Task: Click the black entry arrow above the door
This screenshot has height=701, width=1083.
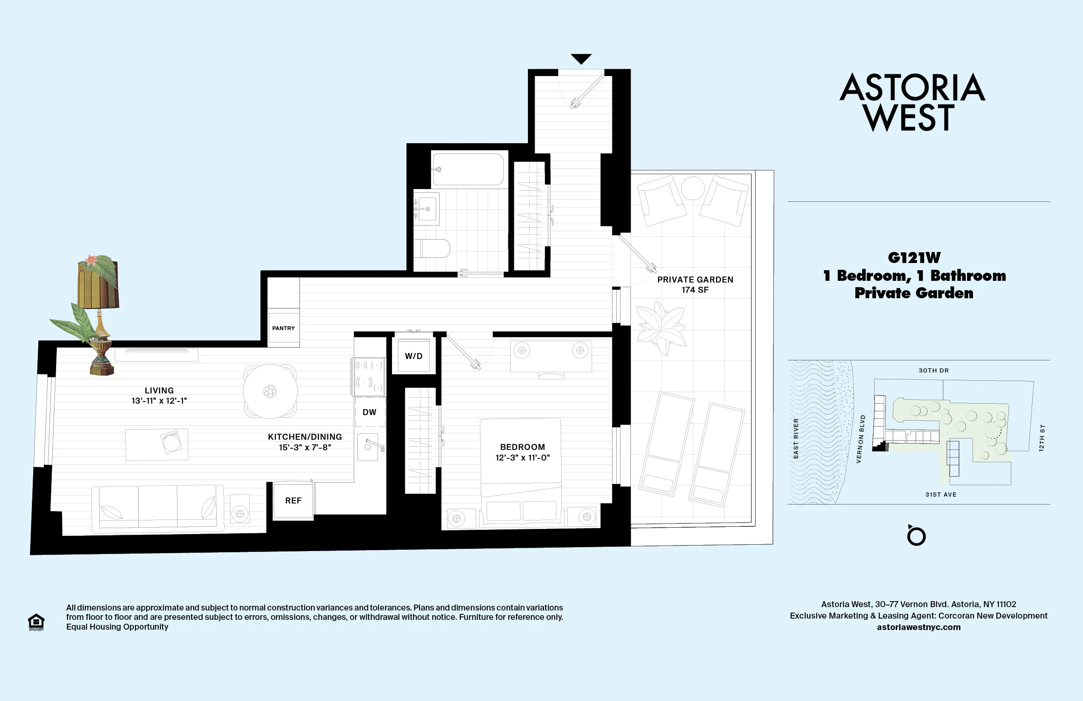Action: (581, 59)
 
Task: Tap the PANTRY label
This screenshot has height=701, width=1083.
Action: (283, 328)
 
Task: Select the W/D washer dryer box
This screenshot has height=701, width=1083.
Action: (414, 356)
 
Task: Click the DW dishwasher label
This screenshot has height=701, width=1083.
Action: (369, 412)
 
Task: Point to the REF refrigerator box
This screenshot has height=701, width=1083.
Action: (293, 500)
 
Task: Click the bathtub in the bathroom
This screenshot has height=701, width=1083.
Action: (468, 169)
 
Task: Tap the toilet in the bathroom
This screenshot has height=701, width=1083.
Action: (434, 249)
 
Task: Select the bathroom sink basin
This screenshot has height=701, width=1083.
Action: (427, 209)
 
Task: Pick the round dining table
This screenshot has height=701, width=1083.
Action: (270, 391)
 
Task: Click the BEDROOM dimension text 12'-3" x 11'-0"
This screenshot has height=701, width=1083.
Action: (522, 458)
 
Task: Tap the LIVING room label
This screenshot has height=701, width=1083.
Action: (159, 390)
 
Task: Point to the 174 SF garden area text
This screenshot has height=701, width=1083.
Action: (695, 290)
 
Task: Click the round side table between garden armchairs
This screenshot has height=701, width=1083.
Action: (692, 187)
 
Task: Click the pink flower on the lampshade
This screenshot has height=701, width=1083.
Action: (91, 260)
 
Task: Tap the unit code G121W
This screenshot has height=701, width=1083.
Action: (914, 257)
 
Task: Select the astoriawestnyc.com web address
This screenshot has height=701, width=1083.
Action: (918, 627)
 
